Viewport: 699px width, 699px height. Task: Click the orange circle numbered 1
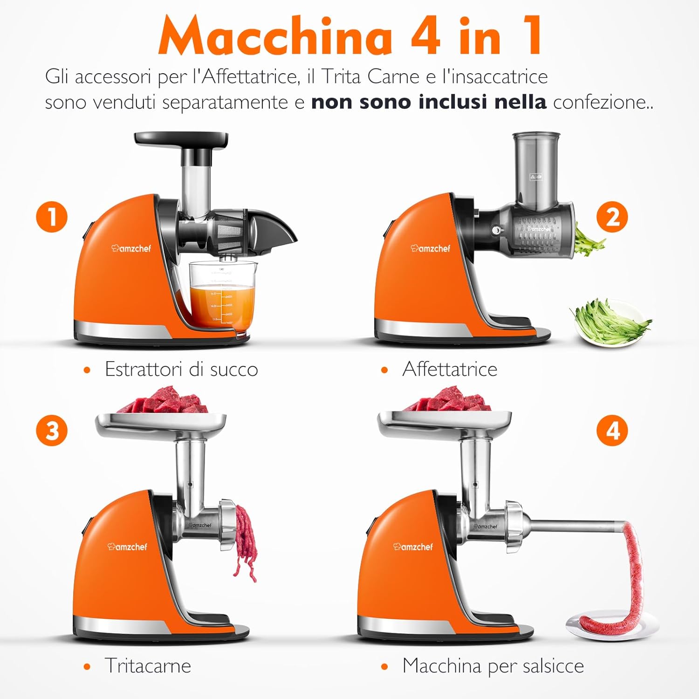[x=52, y=217]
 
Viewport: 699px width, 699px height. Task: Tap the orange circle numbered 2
[x=612, y=217]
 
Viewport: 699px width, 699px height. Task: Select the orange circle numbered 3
[x=52, y=430]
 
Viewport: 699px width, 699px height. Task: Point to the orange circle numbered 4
[x=612, y=430]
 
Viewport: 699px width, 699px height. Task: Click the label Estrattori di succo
[x=181, y=370]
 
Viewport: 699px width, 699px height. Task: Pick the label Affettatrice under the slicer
[x=450, y=370]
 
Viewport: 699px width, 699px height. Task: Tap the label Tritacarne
[x=148, y=666]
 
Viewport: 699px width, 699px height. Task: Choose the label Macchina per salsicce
[x=493, y=666]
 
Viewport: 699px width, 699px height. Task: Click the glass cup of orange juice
[x=222, y=298]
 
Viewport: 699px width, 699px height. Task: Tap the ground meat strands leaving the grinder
[x=246, y=541]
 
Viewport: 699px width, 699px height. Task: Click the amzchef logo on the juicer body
[x=131, y=248]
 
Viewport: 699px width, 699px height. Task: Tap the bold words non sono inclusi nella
[x=429, y=102]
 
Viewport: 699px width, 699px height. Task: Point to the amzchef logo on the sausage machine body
[x=413, y=547]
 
